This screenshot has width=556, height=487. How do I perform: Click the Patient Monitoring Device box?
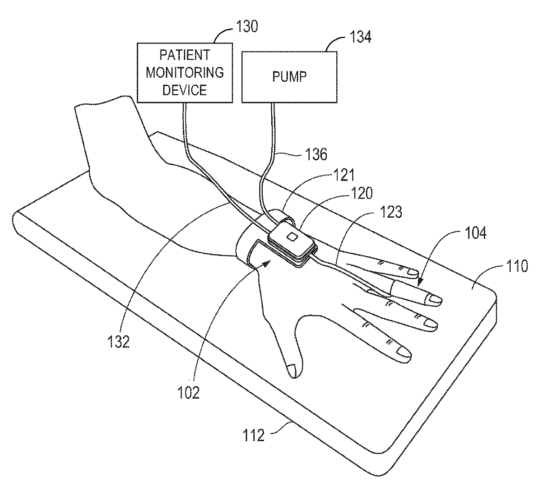tap(185, 72)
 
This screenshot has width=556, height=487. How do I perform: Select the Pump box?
tap(289, 77)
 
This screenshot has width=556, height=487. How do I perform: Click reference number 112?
tap(254, 434)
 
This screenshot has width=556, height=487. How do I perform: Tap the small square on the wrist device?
tap(291, 237)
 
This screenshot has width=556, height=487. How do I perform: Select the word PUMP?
tap(289, 76)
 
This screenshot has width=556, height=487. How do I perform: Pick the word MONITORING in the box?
tap(185, 72)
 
